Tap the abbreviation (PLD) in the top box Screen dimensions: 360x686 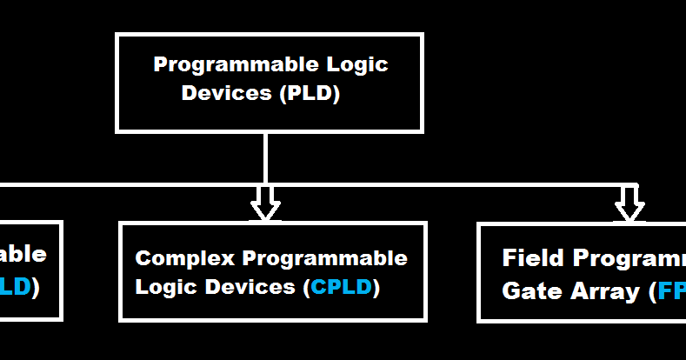point(310,93)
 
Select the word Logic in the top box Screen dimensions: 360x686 point(356,65)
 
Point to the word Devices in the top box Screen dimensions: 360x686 point(227,93)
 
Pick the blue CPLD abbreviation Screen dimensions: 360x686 point(345,286)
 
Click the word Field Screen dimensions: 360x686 point(531,258)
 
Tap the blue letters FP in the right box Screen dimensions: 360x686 point(670,291)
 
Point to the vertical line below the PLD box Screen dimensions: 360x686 point(265,157)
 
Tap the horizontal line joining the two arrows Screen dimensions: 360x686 point(443,184)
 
